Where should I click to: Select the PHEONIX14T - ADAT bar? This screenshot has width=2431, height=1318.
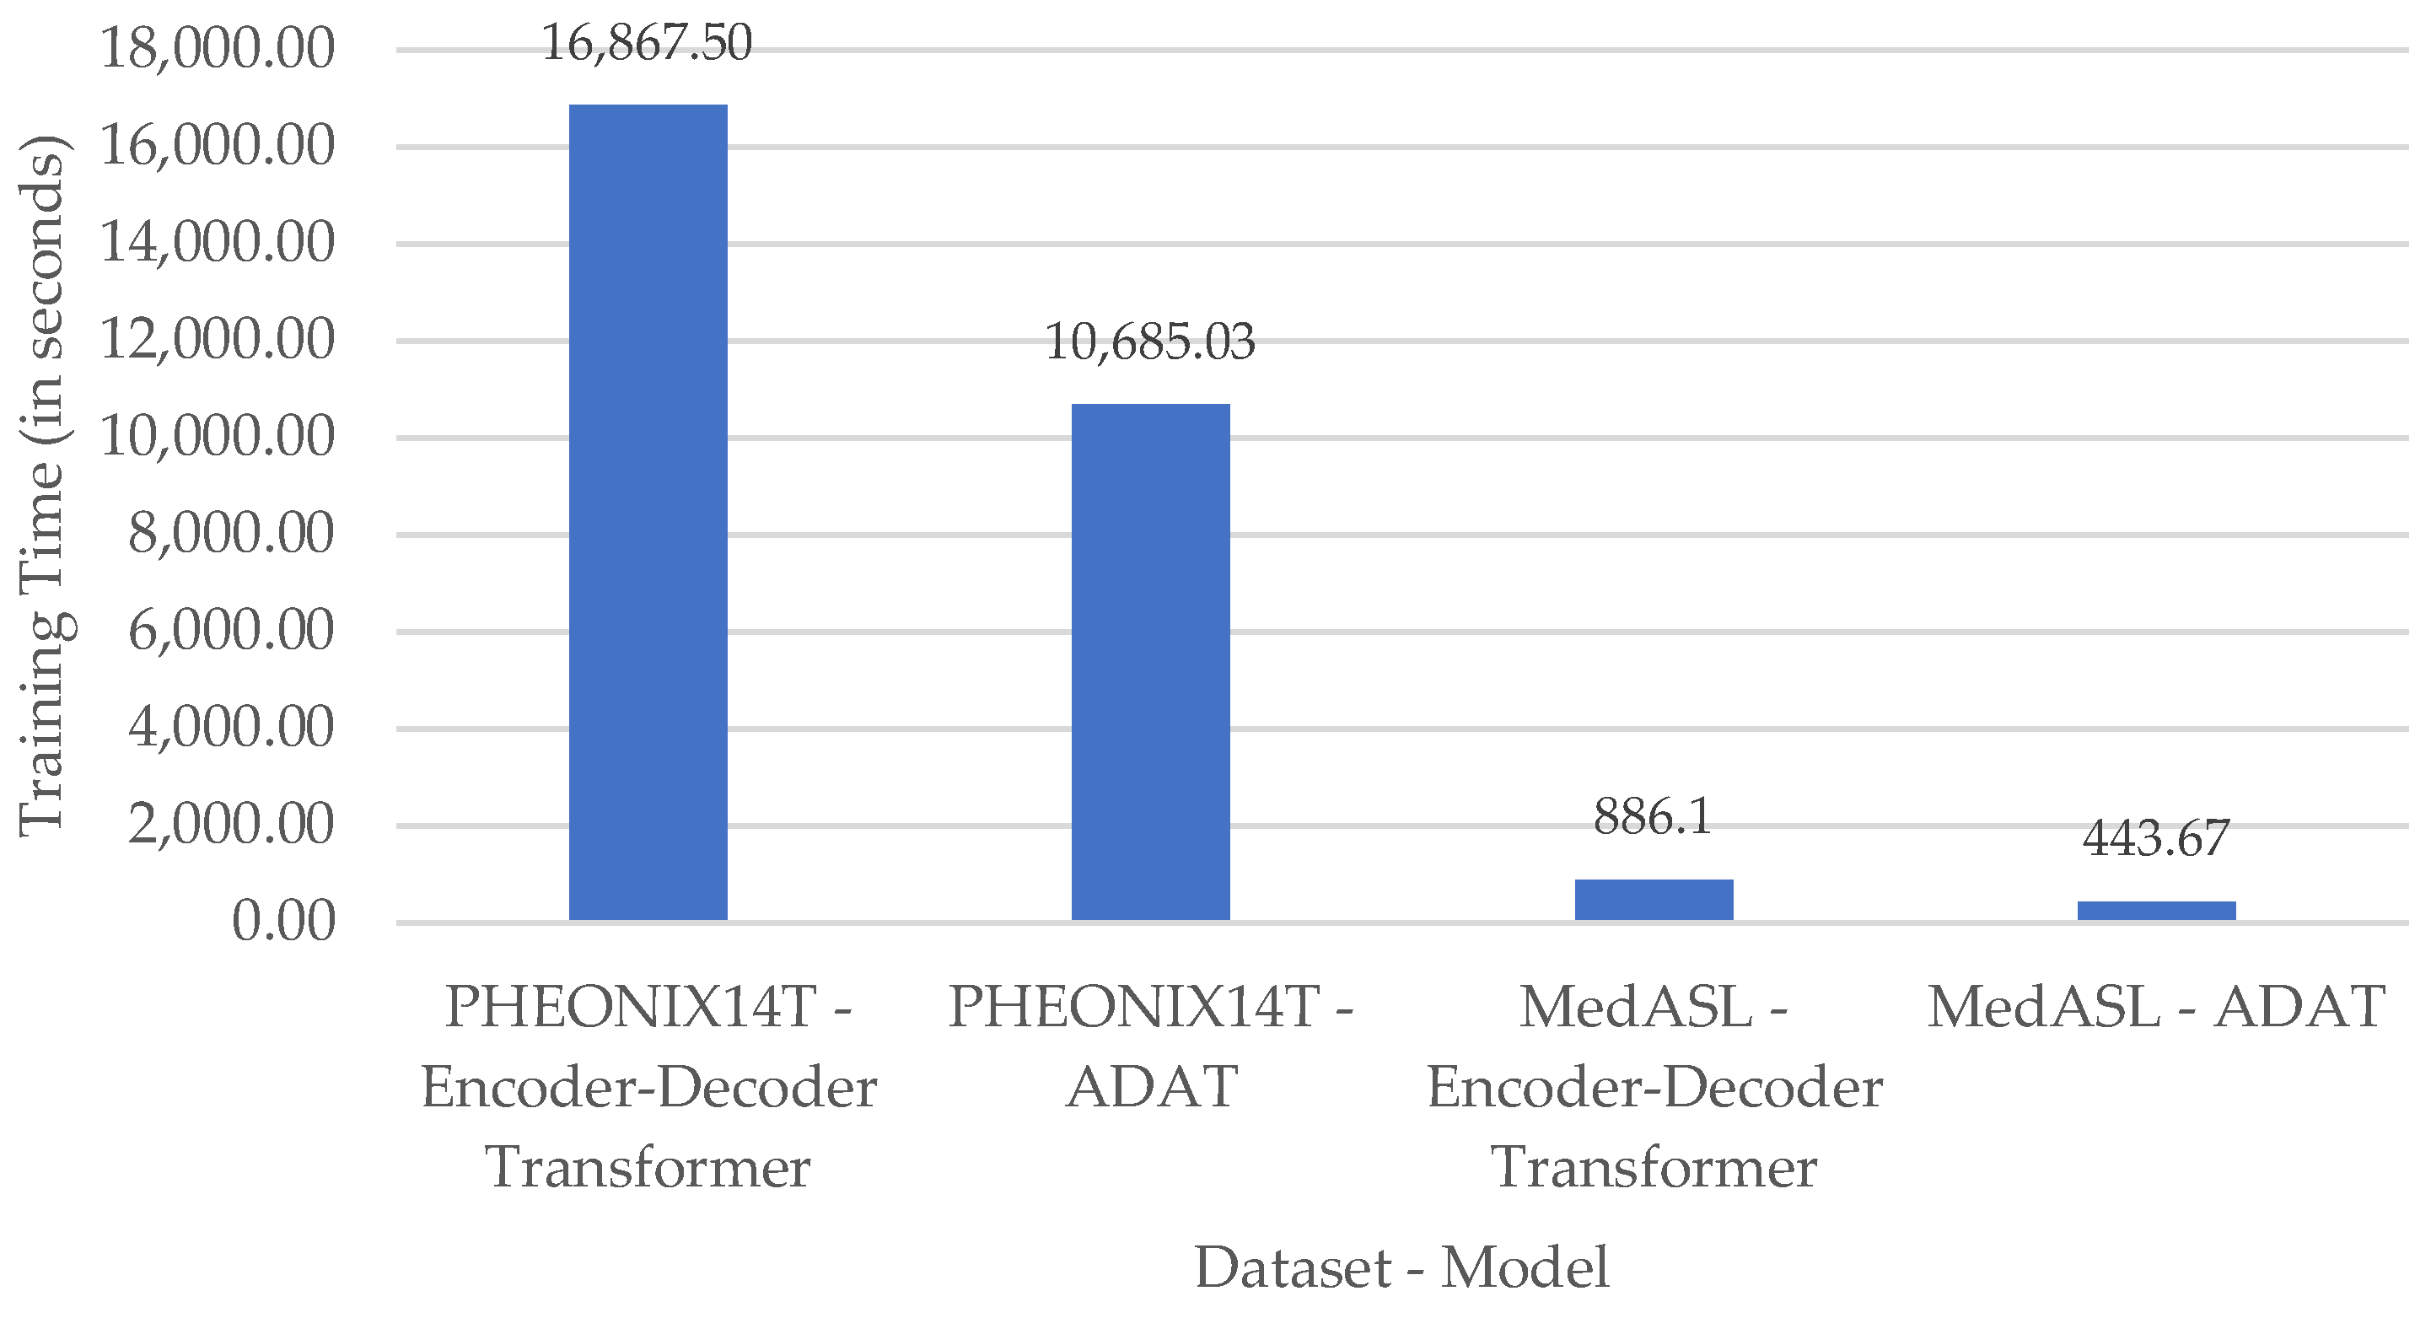coord(1150,660)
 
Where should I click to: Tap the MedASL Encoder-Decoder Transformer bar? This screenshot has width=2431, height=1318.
coord(1654,899)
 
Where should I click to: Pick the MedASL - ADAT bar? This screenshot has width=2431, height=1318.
coord(2156,911)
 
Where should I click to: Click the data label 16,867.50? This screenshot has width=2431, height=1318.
coord(648,43)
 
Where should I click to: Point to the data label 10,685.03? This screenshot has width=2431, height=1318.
coord(1150,342)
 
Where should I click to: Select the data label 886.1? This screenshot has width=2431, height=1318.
coord(1654,816)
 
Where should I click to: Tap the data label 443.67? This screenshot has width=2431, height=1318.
coord(2156,838)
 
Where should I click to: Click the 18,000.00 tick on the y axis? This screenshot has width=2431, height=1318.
coord(217,48)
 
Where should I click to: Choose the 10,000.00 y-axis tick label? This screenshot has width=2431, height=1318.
coord(217,436)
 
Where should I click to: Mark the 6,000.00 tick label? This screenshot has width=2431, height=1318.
coord(231,630)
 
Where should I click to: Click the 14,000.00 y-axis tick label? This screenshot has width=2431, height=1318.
coord(217,243)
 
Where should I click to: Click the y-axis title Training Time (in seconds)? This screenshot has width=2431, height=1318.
coord(42,486)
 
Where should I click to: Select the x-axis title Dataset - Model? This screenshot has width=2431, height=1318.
coord(1401,1267)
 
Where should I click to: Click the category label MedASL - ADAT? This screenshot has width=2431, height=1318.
coord(2156,1007)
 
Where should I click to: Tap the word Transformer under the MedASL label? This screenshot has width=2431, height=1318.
coord(1654,1167)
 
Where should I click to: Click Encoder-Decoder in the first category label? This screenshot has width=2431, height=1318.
coord(648,1087)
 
